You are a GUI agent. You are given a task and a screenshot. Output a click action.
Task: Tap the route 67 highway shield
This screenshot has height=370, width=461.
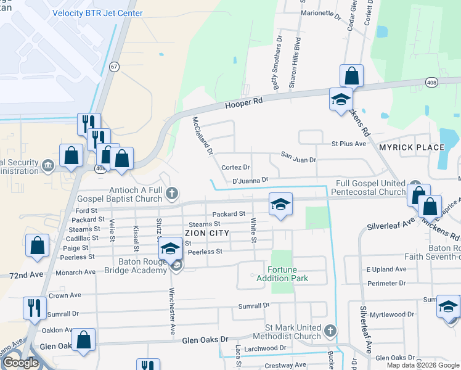pyautogui.click(x=114, y=67)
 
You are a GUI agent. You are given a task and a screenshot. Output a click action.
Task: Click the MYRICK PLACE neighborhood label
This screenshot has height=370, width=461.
pyautogui.click(x=412, y=147)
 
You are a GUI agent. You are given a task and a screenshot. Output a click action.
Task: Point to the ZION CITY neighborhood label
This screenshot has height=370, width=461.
pyautogui.click(x=207, y=233)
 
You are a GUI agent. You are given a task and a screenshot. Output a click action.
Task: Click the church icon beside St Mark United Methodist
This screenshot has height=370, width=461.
pyautogui.click(x=330, y=331)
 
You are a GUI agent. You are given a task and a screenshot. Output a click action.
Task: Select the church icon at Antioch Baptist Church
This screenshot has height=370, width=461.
pyautogui.click(x=172, y=195)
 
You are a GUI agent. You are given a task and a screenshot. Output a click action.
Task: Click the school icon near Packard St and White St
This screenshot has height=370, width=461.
pyautogui.click(x=280, y=205)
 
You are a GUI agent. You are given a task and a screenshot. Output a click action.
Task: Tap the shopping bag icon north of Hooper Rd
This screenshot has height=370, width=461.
pyautogui.click(x=351, y=76)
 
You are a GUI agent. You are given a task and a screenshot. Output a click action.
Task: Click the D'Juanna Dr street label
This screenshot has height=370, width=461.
pyautogui.click(x=250, y=180)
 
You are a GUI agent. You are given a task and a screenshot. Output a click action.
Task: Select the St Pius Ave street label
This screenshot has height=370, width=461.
pyautogui.click(x=348, y=144)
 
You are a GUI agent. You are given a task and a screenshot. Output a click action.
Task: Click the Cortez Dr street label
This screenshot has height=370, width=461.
pyautogui.click(x=235, y=167)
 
